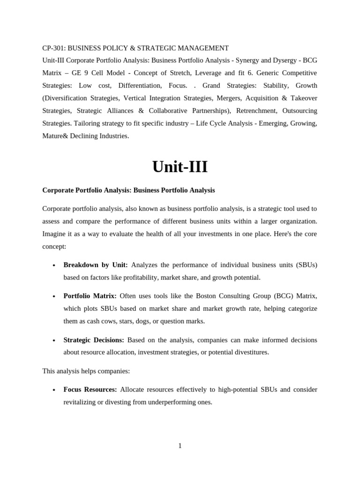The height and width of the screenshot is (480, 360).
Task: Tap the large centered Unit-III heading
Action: point(180,166)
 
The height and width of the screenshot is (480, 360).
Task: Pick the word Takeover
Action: point(301,98)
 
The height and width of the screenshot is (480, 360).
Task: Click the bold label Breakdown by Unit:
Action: point(95,265)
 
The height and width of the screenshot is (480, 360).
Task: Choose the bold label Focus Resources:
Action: point(90,390)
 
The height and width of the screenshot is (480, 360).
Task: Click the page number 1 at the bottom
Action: point(180,446)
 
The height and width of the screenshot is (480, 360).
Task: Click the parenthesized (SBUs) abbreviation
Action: point(306,265)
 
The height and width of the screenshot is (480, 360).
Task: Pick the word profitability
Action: point(139,277)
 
